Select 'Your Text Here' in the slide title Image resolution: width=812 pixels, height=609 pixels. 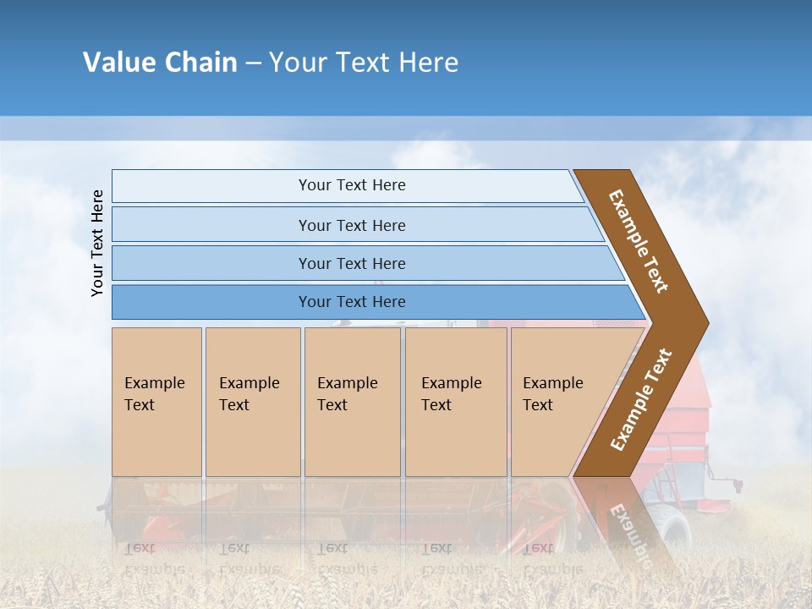364,63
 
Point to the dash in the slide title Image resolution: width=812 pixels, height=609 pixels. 253,63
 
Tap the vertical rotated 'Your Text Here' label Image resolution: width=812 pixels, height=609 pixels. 97,243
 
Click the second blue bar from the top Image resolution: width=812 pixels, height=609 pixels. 352,225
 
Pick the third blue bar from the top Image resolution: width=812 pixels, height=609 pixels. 352,263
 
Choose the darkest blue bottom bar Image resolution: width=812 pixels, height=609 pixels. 352,302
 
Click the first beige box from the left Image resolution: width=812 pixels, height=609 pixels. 156,402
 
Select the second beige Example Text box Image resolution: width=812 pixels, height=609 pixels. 252,402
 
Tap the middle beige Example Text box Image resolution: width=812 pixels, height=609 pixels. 352,402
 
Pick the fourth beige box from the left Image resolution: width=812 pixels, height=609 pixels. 456,402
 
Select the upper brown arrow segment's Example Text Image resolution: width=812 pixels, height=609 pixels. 639,240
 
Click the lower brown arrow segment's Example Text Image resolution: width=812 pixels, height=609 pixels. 641,399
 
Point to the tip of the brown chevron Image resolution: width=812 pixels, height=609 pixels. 707,322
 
